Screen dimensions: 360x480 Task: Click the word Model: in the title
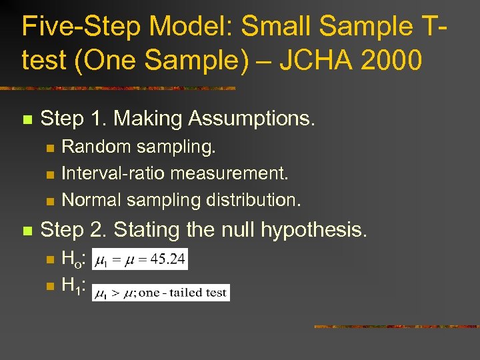[179, 27]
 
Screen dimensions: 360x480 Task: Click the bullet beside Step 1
[27, 120]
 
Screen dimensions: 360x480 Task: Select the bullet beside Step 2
[27, 231]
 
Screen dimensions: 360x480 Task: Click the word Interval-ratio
[113, 173]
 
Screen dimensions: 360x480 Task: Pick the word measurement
[229, 173]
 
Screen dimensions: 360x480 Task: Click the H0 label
[71, 259]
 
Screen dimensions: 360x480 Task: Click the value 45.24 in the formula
[170, 259]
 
